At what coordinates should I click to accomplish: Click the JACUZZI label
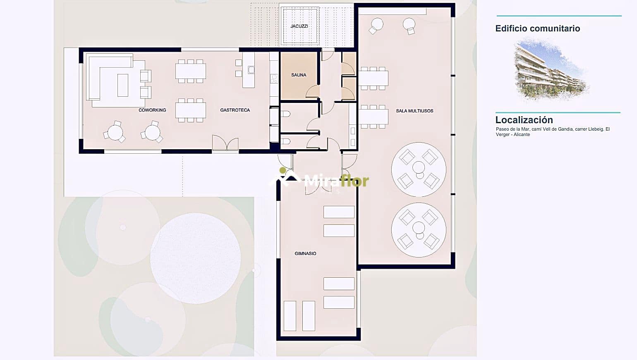pos(299,26)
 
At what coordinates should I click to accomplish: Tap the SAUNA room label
pos(299,75)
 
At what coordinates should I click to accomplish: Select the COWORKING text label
pos(152,110)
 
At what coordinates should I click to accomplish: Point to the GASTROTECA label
pos(235,110)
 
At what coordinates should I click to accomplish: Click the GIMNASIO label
pos(305,254)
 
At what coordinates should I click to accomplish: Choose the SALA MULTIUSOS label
pos(414,111)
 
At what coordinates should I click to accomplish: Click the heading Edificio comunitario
pos(537,29)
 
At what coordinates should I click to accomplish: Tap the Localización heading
pos(524,120)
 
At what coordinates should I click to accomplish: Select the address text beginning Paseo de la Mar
pos(552,132)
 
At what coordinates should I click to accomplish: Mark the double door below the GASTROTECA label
pos(225,143)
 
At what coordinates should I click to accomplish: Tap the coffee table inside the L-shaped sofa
pos(123,85)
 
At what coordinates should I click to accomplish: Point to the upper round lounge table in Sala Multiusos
pos(419,169)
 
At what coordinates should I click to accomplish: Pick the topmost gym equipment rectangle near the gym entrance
pos(339,212)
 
